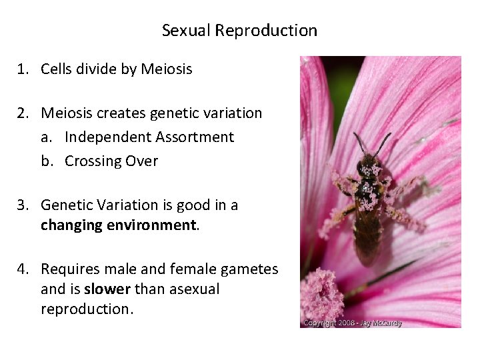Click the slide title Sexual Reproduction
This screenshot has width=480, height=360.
pos(239,31)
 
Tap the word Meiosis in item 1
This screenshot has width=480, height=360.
pos(166,69)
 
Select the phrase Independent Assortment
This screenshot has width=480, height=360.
pos(149,137)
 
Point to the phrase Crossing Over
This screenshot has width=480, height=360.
pos(111,161)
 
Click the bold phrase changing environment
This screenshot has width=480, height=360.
pos(118,225)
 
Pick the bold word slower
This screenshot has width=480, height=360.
pos(108,289)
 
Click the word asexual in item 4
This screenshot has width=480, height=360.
pos(194,289)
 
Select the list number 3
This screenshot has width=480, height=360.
pos(23,205)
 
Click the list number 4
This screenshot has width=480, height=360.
pos(23,269)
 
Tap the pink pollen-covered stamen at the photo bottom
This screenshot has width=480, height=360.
pos(321,293)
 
